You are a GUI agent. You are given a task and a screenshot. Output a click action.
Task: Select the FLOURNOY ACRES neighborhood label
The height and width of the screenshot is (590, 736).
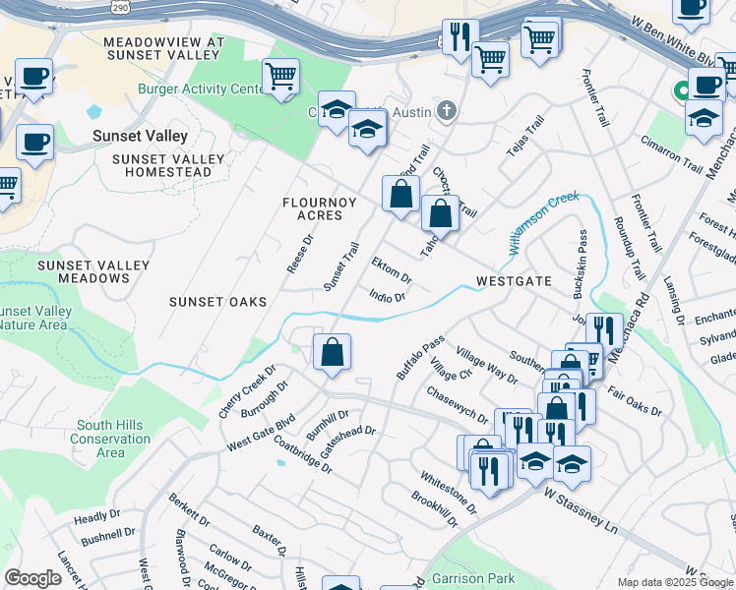[x=313, y=208]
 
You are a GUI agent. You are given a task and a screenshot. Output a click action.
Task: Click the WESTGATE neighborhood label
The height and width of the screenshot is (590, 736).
[x=514, y=281]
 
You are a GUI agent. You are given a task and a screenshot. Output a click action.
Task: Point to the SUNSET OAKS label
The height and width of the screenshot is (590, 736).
[x=217, y=302]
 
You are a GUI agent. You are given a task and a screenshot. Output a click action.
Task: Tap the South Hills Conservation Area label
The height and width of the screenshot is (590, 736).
[x=111, y=439]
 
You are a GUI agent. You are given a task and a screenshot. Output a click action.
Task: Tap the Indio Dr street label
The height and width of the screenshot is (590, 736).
[x=387, y=296]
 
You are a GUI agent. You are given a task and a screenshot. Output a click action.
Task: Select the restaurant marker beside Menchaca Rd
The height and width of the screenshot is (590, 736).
[x=604, y=329]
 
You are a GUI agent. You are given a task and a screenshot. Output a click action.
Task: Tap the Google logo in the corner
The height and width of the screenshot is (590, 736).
[x=32, y=578]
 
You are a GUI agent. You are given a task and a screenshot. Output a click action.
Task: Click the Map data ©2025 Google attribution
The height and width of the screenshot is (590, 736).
[x=675, y=582]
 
